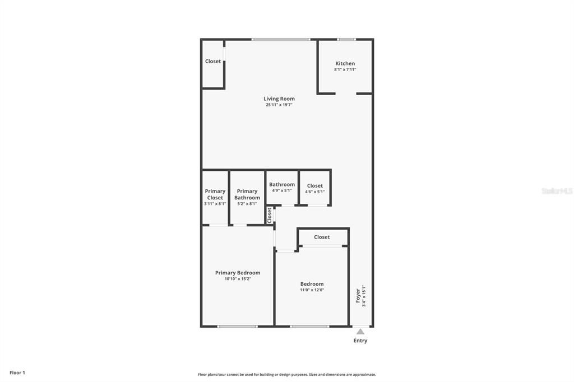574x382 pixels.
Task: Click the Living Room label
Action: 279,99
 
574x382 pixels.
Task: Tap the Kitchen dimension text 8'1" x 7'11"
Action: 345,69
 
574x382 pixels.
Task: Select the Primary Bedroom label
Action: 238,273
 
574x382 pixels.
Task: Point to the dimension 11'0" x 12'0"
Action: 312,290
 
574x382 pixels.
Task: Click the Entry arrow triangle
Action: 360,332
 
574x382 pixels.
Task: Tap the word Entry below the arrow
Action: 360,341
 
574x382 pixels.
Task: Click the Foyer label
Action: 358,296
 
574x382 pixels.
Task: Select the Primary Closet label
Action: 215,194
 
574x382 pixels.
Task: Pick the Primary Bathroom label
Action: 247,194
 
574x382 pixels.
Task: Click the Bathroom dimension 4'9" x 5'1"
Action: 282,190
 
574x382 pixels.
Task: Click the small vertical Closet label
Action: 270,215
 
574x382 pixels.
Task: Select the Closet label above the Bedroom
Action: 322,237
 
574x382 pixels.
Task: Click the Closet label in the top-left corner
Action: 213,61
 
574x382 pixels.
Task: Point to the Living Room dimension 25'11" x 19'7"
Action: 279,105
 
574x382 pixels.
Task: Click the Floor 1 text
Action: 17,372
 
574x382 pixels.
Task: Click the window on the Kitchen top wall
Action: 346,39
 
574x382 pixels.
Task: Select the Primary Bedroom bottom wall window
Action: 237,326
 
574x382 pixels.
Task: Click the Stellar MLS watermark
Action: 557,191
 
